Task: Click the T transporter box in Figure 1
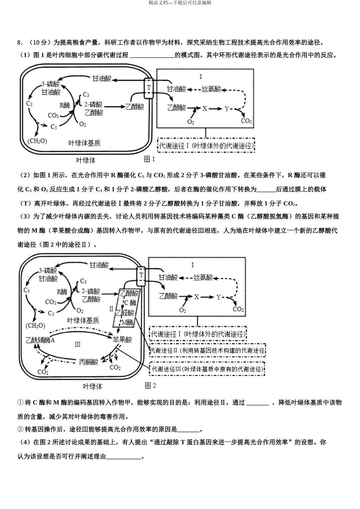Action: tap(149, 87)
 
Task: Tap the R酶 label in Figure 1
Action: tap(65, 105)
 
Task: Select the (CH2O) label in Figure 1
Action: tap(38, 141)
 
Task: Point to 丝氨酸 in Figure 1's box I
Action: tap(211, 89)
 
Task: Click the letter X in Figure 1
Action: tap(205, 108)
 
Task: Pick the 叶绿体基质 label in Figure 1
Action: tap(85, 143)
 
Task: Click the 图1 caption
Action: tap(150, 159)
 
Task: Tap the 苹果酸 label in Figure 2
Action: tap(122, 339)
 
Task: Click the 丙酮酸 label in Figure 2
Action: tap(89, 362)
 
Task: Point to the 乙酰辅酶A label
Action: tap(41, 340)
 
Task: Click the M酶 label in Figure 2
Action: tap(127, 322)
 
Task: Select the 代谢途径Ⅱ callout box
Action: tap(208, 351)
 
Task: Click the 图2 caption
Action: tap(150, 386)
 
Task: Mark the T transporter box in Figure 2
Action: tap(141, 275)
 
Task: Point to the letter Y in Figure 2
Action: tap(219, 297)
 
